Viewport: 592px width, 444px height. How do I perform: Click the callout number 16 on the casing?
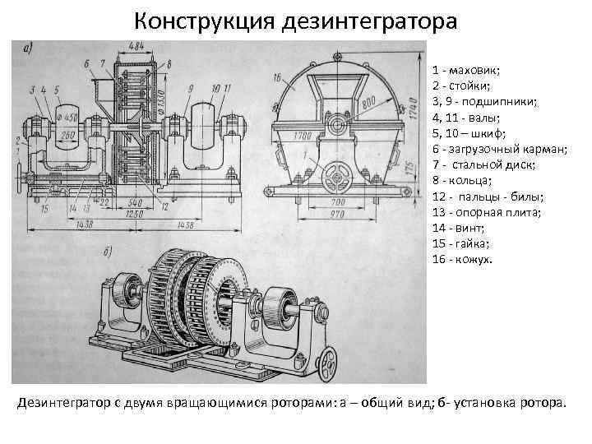coord(276,78)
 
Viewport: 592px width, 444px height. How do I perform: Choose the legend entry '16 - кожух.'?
coord(463,260)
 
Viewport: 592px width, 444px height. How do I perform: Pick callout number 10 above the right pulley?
coord(215,87)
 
